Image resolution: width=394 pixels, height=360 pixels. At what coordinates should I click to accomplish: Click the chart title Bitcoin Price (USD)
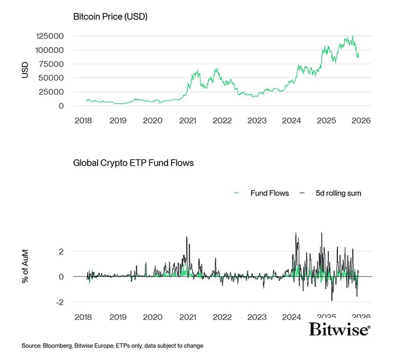tap(110, 16)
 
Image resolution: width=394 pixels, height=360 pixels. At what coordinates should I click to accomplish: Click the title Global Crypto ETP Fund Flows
tap(133, 162)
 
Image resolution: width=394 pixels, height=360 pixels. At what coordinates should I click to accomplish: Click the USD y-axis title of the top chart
tap(25, 70)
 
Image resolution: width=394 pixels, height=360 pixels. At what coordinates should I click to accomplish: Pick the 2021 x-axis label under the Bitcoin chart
tap(188, 121)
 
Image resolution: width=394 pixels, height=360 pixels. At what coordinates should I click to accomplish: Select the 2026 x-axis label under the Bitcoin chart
tap(360, 121)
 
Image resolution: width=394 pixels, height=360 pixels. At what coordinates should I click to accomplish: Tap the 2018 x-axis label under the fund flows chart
tap(84, 317)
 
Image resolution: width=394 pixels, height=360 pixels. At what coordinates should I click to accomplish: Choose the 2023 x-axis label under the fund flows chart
tap(257, 317)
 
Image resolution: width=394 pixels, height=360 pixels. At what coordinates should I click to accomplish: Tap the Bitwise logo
tap(339, 329)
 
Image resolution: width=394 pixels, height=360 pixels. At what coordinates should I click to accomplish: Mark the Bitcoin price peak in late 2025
tap(352, 36)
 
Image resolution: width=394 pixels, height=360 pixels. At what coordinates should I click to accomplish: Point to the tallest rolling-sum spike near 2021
tap(186, 237)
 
